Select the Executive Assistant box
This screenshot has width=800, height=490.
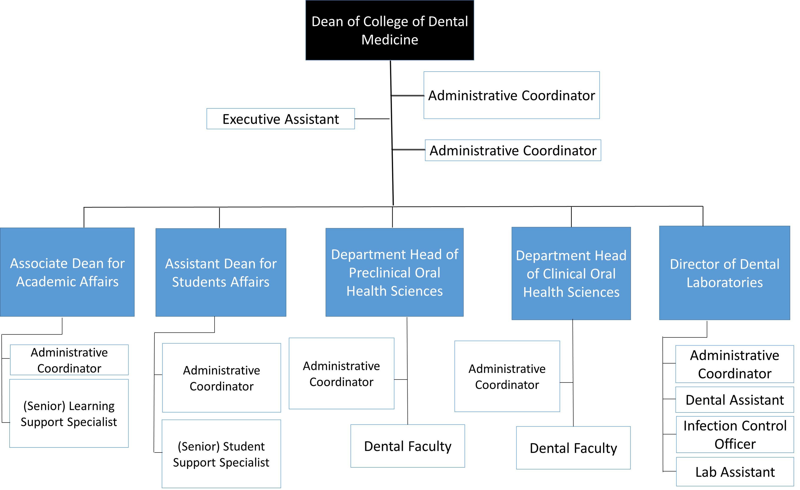coord(281,119)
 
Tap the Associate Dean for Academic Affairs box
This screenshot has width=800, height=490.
coord(67,272)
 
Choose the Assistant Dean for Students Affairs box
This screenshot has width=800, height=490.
coord(221,273)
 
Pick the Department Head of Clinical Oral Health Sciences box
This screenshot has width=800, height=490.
coord(571,274)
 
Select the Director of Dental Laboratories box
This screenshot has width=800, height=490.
coord(724,273)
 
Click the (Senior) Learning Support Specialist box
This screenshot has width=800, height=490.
coord(69,414)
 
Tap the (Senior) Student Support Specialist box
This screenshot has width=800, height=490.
coord(221,454)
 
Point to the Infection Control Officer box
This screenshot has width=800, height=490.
coord(735,434)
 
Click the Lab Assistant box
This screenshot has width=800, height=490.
coord(735,472)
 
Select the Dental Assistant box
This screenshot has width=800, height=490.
coord(734,400)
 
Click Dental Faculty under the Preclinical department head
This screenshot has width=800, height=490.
coord(408,446)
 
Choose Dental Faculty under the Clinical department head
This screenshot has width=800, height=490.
coord(573,448)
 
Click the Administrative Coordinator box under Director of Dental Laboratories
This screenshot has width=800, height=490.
coord(734,364)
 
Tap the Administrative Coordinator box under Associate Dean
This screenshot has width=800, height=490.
coord(69,360)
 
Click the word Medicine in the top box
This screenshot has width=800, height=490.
coord(390,40)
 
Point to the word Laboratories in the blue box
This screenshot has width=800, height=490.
coord(724,283)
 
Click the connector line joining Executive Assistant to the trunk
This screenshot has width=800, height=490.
coord(372,119)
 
